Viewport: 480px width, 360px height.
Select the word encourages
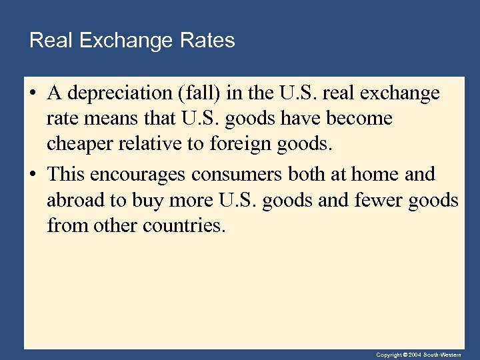(x=139, y=175)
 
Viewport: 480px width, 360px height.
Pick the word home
(x=375, y=175)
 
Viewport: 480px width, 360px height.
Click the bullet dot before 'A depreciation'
(x=32, y=94)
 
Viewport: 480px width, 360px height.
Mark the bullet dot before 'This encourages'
(x=32, y=175)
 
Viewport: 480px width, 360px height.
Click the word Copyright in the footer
(x=389, y=355)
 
